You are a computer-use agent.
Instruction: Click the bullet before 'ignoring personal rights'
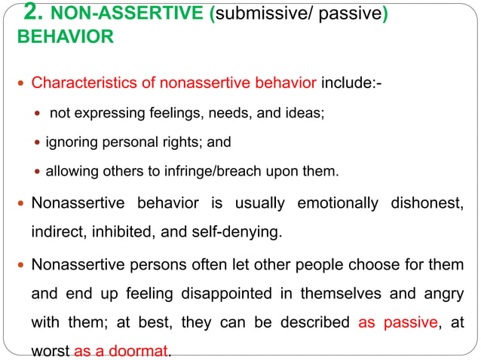[38, 142]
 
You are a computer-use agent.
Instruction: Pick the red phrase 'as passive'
[398, 323]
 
